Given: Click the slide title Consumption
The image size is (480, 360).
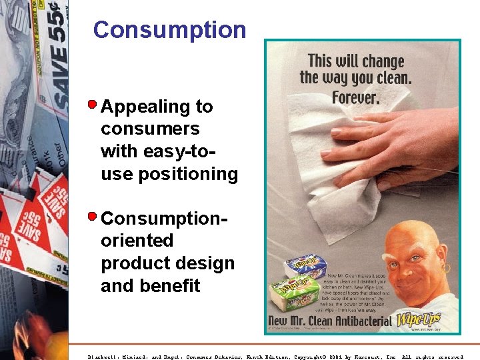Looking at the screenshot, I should (169, 30).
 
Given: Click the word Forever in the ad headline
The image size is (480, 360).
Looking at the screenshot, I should (355, 98).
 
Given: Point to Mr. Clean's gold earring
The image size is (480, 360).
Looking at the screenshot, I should (445, 267).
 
